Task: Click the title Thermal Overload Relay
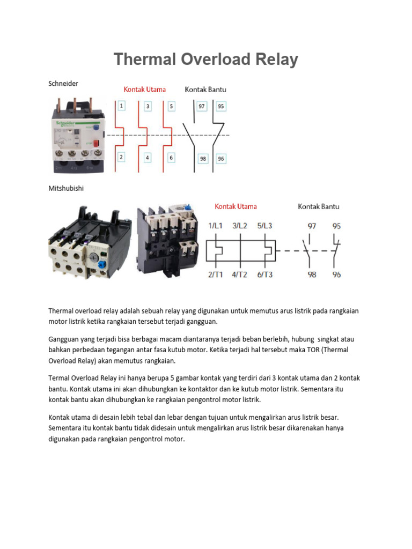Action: pos(205,59)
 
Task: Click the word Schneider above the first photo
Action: pos(63,83)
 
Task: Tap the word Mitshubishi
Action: pos(66,189)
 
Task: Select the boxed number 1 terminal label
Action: pos(122,106)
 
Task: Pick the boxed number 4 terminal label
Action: pos(148,158)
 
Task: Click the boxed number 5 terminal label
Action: pos(171,106)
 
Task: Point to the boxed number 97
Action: pos(202,106)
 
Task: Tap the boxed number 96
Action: pos(220,159)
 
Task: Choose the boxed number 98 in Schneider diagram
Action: pos(202,159)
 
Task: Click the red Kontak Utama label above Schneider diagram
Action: pos(145,90)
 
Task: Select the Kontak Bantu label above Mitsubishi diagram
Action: pos(319,206)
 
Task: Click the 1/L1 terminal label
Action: pos(216,226)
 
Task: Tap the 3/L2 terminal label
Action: pos(239,226)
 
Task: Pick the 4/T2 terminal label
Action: pos(239,274)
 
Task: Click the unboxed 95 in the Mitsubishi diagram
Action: pos(336,226)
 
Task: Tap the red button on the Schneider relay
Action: pos(97,144)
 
